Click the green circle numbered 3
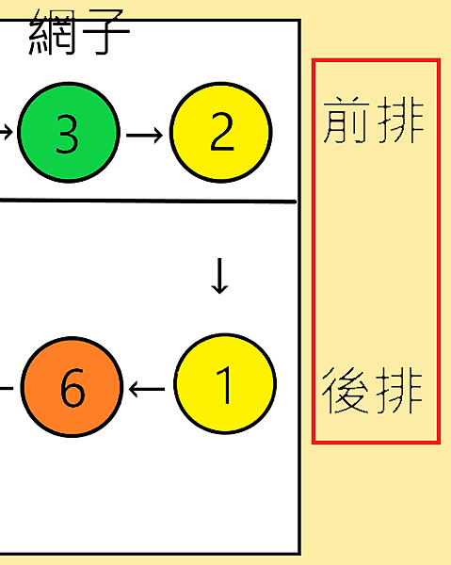(x=69, y=133)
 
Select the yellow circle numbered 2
(x=221, y=133)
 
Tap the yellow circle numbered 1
(x=225, y=384)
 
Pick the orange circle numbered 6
(x=72, y=387)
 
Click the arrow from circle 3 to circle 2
(x=144, y=135)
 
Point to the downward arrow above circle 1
(x=219, y=276)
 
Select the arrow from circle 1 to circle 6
(x=147, y=389)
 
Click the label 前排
(x=374, y=120)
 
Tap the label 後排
(x=372, y=391)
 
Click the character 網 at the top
(x=52, y=32)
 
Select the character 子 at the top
(x=106, y=32)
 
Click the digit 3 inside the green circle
(x=67, y=134)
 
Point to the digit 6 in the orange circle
(x=72, y=388)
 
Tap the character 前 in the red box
(x=346, y=120)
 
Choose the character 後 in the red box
(x=346, y=391)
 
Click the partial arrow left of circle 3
(x=7, y=132)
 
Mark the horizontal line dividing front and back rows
(x=148, y=201)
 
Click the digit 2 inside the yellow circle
(x=221, y=131)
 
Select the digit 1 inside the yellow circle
(x=224, y=385)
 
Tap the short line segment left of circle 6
(x=7, y=388)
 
